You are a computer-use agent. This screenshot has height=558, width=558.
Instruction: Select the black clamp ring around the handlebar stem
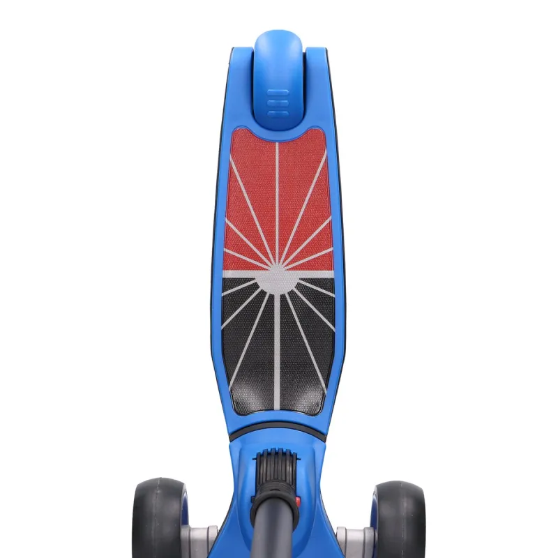pyautogui.click(x=276, y=492)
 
